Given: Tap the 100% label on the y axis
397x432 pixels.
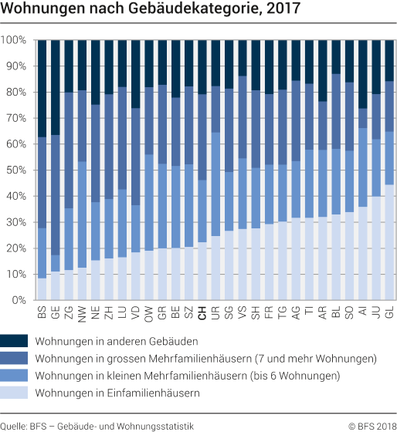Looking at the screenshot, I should click(15, 39).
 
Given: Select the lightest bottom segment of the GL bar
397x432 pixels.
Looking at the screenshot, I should click(389, 242).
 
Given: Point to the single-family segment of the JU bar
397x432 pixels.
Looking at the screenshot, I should click(376, 248).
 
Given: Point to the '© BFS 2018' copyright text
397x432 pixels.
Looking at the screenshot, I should click(372, 426).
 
